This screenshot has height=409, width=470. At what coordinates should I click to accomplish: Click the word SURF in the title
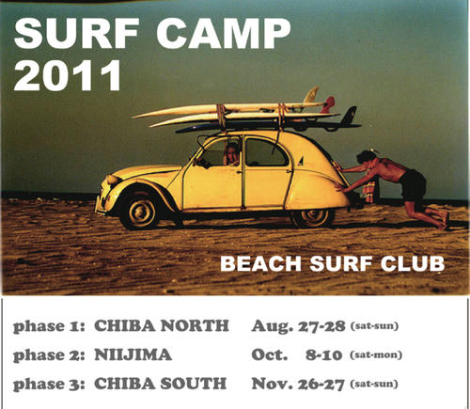77,33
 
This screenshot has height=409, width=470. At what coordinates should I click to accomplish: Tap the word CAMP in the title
224,33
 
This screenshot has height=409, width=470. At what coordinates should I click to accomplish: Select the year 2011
68,75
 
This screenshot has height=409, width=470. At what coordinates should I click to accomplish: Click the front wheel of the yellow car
142,212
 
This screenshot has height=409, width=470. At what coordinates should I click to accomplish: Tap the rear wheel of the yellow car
313,217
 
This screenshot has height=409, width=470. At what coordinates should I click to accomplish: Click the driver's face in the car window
232,153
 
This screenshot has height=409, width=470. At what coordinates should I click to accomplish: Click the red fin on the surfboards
328,105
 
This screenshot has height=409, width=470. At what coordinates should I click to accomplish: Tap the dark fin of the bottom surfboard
350,115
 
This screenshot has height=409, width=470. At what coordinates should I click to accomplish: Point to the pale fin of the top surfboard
311,94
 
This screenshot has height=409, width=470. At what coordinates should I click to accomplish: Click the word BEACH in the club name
260,264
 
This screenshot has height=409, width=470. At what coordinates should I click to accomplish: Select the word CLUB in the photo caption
413,264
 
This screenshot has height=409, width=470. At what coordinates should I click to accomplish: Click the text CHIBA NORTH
162,326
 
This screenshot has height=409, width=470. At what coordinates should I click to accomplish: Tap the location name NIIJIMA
133,354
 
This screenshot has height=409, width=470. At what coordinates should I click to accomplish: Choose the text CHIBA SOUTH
160,384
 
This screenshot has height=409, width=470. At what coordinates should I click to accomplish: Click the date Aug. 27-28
298,326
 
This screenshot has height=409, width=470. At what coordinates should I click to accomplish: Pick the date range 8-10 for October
323,355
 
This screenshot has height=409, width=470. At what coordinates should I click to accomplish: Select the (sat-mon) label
376,355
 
